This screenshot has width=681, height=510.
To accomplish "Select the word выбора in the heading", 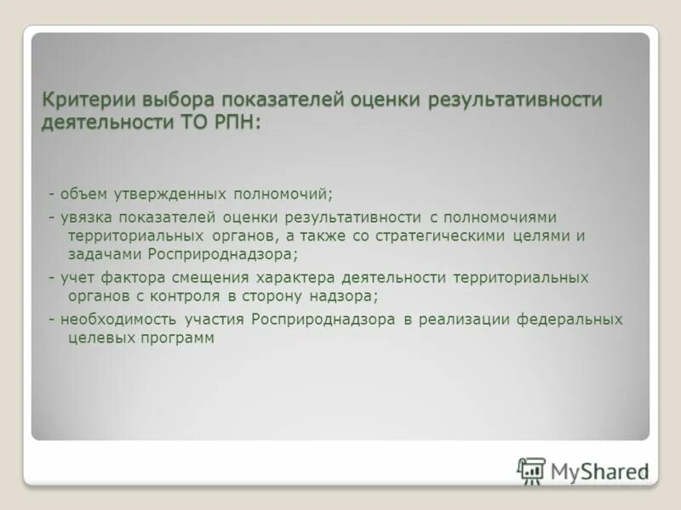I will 166,99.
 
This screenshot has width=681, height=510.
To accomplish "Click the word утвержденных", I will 162,194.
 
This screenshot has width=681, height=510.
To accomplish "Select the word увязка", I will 88,218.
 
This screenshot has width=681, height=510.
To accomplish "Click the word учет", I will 77,278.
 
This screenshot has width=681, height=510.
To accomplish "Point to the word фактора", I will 130,278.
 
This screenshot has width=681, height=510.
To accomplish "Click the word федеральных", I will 574,320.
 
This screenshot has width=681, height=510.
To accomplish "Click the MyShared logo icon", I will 531,470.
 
